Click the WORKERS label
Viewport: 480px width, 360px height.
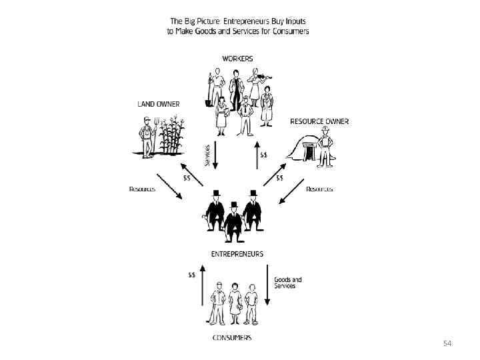pyautogui.click(x=237, y=59)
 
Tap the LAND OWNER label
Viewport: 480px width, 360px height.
pyautogui.click(x=158, y=104)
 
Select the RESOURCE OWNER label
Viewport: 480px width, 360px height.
pyautogui.click(x=319, y=121)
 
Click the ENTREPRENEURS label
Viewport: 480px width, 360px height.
pyautogui.click(x=237, y=254)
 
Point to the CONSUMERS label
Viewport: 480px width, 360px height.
pyautogui.click(x=232, y=337)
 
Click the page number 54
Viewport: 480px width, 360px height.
pyautogui.click(x=447, y=343)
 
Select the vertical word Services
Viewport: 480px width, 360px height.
pyautogui.click(x=207, y=155)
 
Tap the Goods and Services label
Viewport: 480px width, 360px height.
pyautogui.click(x=288, y=282)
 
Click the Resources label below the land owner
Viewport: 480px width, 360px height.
pyautogui.click(x=142, y=189)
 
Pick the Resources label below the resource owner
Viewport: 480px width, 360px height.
pyautogui.click(x=319, y=189)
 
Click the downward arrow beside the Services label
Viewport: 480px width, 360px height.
pyautogui.click(x=215, y=155)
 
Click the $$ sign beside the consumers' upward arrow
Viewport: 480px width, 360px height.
pyautogui.click(x=192, y=274)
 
